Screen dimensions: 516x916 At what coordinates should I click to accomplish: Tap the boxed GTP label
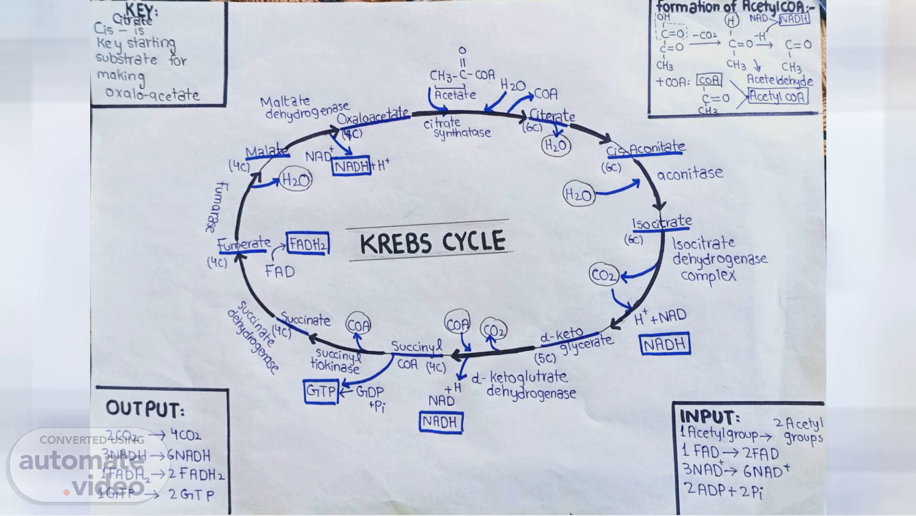click(321, 392)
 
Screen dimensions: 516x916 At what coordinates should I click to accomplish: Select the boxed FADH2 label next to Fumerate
click(308, 244)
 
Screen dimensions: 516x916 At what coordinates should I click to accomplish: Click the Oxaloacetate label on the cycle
click(373, 116)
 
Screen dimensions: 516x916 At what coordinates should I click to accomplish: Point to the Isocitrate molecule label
click(662, 223)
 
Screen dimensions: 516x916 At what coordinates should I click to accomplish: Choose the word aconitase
click(690, 173)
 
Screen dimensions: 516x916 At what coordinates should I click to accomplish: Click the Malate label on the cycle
click(267, 152)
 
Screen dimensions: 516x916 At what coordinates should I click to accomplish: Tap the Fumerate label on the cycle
click(245, 244)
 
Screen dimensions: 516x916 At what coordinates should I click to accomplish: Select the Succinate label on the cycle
click(305, 320)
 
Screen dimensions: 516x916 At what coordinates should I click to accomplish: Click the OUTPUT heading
click(145, 409)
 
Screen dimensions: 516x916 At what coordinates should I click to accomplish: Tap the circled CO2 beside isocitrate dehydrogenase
click(604, 275)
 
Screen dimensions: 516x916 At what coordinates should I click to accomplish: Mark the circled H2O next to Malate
click(296, 180)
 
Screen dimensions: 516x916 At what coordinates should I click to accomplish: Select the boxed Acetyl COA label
click(778, 97)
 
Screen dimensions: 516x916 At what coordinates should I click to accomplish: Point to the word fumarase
click(217, 206)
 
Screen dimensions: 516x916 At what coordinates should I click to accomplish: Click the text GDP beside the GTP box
click(370, 392)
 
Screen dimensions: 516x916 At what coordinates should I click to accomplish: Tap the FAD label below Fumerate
click(280, 271)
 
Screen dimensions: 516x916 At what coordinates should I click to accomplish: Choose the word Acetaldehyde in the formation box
click(779, 80)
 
